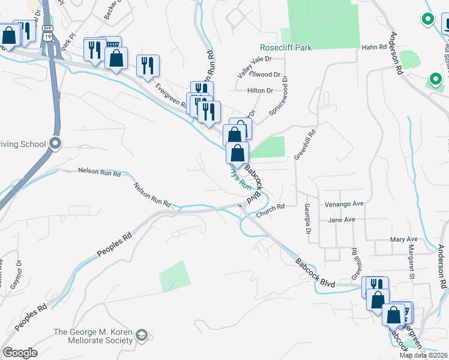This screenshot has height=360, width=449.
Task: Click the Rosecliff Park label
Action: (286, 47)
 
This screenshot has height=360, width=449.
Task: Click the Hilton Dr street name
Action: (260, 91)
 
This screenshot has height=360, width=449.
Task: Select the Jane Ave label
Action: (342, 220)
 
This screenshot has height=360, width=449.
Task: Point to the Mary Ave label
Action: (403, 239)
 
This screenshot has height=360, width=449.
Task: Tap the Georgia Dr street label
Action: (307, 219)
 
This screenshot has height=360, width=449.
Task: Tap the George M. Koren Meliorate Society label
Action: (93, 336)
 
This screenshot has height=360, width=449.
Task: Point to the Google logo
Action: (20, 353)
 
